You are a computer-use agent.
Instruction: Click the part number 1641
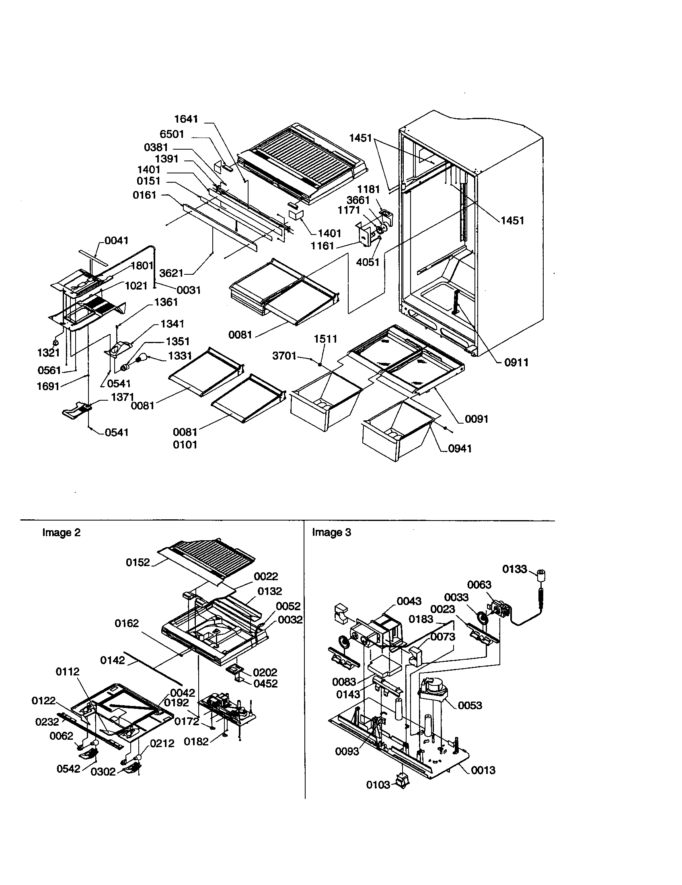coord(186,119)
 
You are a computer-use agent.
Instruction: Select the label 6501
coord(172,134)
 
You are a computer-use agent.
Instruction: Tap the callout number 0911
coord(516,362)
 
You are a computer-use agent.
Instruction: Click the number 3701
coord(284,356)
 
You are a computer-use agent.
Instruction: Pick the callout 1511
coord(325,339)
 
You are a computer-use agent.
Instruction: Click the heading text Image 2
coord(61,533)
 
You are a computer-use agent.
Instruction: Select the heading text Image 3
coord(331,533)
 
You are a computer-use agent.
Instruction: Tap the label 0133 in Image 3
coord(514,569)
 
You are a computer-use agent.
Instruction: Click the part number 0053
coord(470,706)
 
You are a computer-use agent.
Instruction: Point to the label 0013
coord(483,770)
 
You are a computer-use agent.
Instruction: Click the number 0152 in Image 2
coord(138,562)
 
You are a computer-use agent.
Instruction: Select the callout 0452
coord(265,683)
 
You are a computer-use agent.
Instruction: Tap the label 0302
coord(103,772)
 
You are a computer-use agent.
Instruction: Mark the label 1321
coord(49,352)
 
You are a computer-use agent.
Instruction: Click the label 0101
coord(185,445)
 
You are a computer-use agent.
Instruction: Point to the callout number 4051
coord(368,262)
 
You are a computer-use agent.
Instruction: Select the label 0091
coord(476,419)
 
